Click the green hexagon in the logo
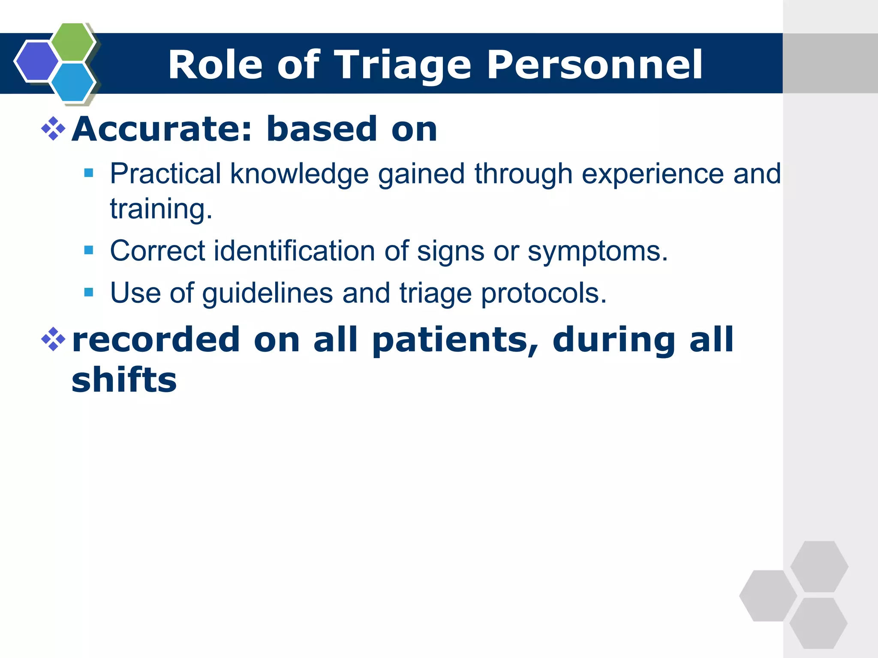click(x=73, y=42)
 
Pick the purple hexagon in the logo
click(x=36, y=61)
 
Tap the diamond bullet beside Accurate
click(x=53, y=129)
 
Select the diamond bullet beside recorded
click(x=53, y=339)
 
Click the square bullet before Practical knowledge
click(x=89, y=173)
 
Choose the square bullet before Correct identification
click(x=89, y=250)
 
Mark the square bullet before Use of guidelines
click(x=89, y=292)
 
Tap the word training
click(x=161, y=209)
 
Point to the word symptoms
click(x=597, y=251)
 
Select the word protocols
click(x=544, y=294)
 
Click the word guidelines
click(x=268, y=294)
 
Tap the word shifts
click(x=124, y=380)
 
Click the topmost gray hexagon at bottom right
click(x=819, y=566)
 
